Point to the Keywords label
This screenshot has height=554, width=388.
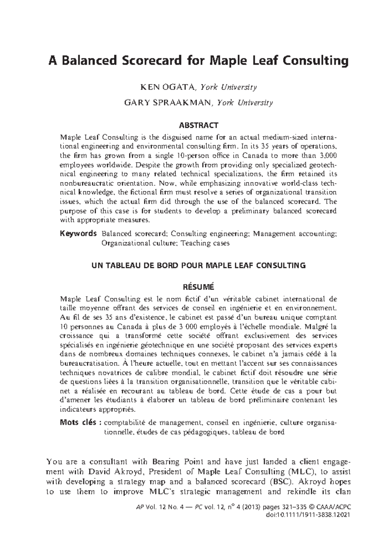pos(78,233)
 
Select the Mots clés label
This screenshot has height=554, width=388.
pos(81,422)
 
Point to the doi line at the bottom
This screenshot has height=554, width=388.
pos(307,515)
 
